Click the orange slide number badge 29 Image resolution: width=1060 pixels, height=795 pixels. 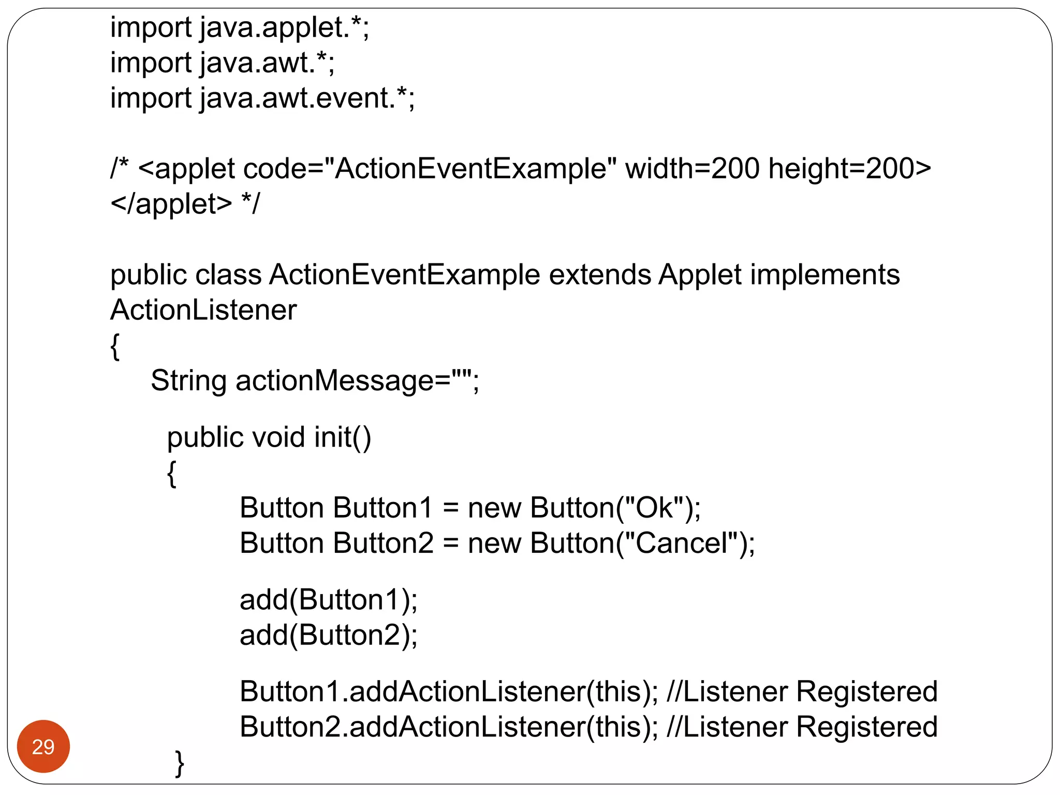click(x=43, y=746)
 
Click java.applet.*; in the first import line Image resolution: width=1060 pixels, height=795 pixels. click(x=284, y=28)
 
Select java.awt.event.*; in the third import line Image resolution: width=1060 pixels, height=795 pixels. click(x=307, y=98)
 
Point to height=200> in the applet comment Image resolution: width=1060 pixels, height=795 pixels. click(x=849, y=169)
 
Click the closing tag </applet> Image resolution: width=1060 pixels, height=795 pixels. click(x=171, y=204)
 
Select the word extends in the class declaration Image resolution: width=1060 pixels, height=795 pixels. click(x=599, y=275)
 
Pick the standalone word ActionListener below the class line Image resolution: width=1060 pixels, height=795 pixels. click(x=203, y=310)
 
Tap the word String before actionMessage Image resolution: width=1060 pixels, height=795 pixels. click(x=188, y=381)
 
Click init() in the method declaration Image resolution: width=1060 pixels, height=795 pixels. click(x=343, y=437)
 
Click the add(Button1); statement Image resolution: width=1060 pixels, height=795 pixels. click(x=328, y=600)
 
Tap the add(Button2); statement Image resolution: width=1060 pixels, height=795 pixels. click(x=328, y=635)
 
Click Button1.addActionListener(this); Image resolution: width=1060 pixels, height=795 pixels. click(x=448, y=691)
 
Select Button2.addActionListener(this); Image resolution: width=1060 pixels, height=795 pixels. click(x=448, y=727)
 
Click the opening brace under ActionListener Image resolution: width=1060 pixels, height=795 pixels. click(x=115, y=346)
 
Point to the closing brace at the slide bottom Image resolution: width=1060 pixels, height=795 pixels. click(x=180, y=763)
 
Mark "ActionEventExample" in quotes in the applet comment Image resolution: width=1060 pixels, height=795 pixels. click(x=470, y=169)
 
